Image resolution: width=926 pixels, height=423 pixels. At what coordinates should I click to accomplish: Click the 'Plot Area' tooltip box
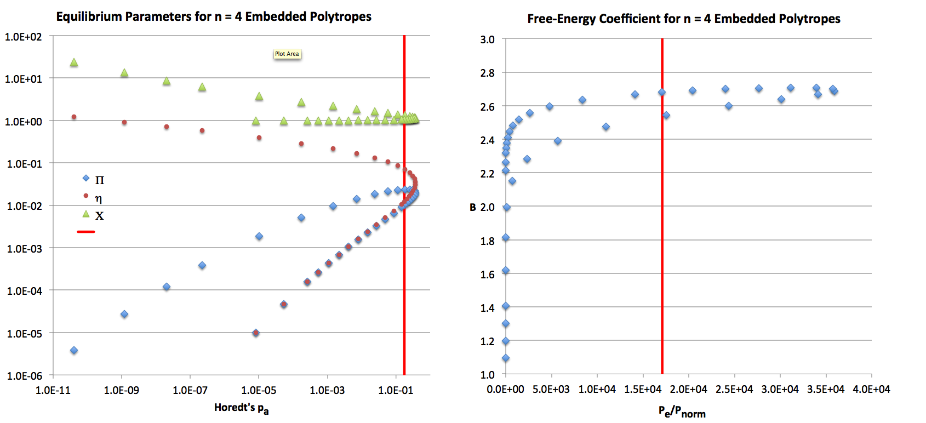[x=287, y=54]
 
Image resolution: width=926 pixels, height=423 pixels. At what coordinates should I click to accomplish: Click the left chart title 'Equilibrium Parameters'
[x=214, y=16]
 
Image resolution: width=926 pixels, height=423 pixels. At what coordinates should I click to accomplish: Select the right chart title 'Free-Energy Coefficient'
[x=683, y=19]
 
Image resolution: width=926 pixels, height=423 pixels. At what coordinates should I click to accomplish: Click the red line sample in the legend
[x=86, y=232]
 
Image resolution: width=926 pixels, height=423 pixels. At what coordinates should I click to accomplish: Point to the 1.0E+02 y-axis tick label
[x=23, y=37]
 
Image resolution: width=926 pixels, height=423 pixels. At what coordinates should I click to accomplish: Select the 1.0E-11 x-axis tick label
[x=53, y=390]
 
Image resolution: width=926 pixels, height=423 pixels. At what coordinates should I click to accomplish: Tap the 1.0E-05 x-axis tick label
[x=259, y=390]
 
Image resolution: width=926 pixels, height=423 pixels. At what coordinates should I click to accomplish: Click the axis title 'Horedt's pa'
[x=241, y=408]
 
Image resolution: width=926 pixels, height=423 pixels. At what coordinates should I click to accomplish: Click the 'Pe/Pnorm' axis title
[x=682, y=411]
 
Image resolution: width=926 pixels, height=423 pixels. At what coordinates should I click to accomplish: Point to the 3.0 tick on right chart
[x=487, y=39]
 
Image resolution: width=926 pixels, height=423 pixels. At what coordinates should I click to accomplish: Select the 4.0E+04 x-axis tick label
[x=871, y=389]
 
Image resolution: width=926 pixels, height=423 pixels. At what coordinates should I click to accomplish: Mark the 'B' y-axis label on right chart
[x=472, y=207]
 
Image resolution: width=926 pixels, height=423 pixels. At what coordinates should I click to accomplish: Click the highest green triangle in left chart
[x=74, y=62]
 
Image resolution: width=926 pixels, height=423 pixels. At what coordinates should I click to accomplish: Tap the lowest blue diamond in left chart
[x=74, y=350]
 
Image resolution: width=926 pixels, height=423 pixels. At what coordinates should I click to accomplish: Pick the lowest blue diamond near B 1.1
[x=506, y=358]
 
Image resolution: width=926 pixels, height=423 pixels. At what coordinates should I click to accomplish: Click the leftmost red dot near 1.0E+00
[x=74, y=117]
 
